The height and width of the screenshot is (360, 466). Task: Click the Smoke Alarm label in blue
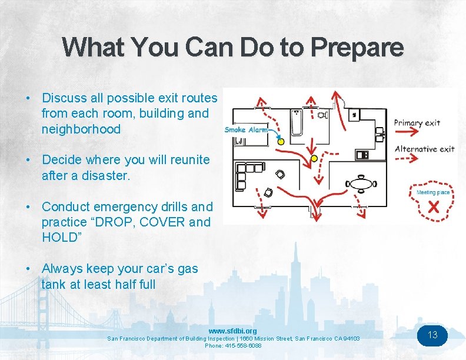(246, 129)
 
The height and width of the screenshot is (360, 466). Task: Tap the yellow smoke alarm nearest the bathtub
(281, 142)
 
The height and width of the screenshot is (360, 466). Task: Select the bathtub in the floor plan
(297, 123)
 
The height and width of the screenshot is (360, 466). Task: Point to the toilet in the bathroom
(323, 116)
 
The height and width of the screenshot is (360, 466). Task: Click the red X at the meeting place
(433, 206)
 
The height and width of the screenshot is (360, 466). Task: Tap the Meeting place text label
(433, 192)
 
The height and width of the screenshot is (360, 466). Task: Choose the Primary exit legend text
(417, 123)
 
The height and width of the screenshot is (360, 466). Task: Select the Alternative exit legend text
(425, 149)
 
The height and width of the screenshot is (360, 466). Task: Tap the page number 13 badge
(432, 335)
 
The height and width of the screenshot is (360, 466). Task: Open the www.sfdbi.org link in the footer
(232, 331)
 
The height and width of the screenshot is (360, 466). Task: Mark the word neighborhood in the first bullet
(81, 129)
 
